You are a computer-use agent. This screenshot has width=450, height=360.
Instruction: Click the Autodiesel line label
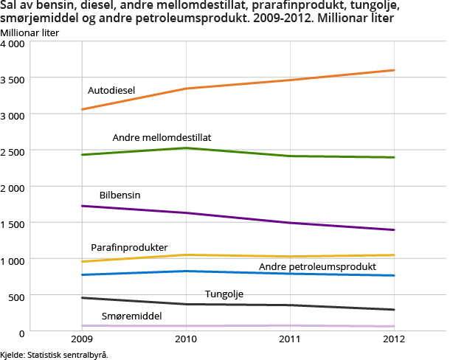[x=111, y=91]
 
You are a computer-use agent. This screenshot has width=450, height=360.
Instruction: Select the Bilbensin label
[x=120, y=195]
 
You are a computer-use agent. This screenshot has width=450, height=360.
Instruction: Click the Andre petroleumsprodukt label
[x=318, y=266]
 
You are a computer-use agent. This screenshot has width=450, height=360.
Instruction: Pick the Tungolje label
[x=224, y=294]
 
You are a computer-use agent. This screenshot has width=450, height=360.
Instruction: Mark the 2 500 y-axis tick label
[x=13, y=152]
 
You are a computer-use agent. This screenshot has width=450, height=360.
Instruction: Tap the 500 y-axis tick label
[x=16, y=297]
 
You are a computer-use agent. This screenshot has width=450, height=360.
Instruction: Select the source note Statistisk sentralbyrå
[x=55, y=355]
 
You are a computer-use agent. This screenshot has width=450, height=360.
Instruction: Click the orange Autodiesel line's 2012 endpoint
[x=394, y=70]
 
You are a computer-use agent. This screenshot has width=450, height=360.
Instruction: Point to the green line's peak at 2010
[x=185, y=148]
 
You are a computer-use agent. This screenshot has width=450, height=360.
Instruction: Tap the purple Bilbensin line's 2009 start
[x=82, y=206]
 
